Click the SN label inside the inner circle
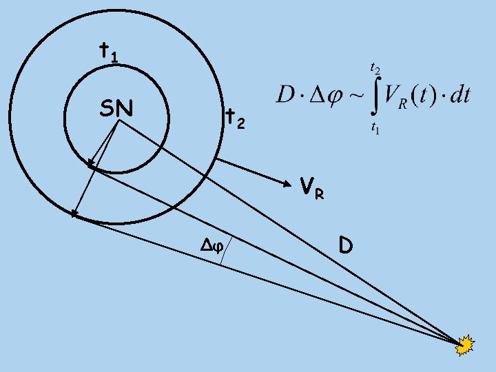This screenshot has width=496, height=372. point(116,108)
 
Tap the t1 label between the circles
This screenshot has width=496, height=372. point(107,52)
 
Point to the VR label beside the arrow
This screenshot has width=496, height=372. point(311,188)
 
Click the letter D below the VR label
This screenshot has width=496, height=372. point(346,244)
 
